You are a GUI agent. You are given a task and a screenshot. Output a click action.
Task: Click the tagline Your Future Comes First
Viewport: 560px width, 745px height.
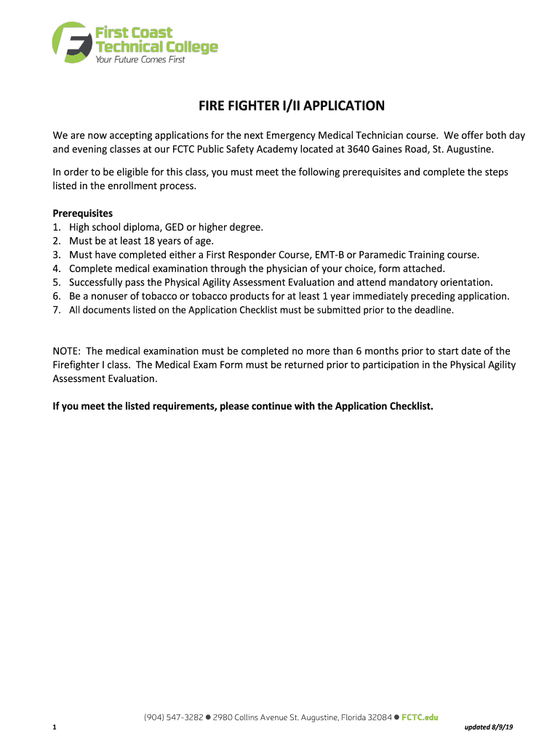(x=140, y=59)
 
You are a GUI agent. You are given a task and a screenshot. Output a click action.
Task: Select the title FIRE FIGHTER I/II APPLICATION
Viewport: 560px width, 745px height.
(x=292, y=106)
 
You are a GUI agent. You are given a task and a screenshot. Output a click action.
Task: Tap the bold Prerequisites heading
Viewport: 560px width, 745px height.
(x=83, y=213)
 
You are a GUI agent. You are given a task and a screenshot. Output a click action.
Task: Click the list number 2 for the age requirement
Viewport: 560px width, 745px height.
(x=56, y=241)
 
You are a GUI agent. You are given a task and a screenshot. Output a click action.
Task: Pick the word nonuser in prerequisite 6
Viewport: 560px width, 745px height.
(x=109, y=296)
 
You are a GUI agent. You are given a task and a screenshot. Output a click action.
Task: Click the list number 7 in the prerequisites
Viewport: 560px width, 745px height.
(x=56, y=310)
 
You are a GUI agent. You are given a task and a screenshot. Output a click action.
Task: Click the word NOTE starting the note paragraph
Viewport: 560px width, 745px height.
(x=66, y=351)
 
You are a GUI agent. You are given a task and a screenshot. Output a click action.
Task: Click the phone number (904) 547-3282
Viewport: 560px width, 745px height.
(x=173, y=717)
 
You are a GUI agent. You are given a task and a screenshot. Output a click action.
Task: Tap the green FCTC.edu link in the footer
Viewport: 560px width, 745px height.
(x=420, y=717)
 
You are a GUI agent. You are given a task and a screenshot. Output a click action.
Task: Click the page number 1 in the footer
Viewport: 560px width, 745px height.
(x=55, y=728)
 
